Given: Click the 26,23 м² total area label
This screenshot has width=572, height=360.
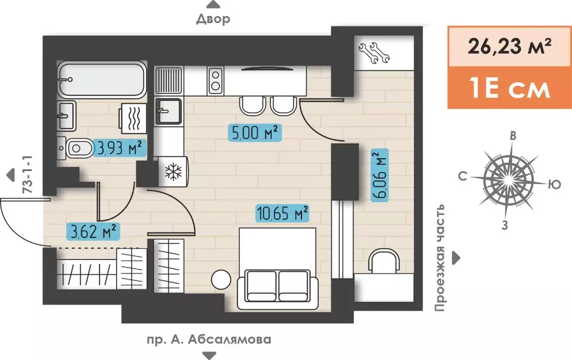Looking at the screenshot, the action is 509,46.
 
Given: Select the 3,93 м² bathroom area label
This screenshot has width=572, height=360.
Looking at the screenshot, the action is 120,148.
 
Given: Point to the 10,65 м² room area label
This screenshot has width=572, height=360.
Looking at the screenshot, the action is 283,213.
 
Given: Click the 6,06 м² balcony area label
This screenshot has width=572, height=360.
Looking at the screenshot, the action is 380,175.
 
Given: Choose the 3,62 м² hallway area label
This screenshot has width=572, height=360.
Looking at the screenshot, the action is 93,231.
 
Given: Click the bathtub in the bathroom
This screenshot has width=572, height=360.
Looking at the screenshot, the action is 102,80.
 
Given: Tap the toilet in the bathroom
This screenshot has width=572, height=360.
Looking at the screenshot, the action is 75,148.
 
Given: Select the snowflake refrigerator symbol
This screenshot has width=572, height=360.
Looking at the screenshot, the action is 173,172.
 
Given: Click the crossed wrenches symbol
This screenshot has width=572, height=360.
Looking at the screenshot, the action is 374,53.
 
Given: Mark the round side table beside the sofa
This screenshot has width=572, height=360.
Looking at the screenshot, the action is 221,280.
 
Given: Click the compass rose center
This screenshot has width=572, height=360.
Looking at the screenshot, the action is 508,179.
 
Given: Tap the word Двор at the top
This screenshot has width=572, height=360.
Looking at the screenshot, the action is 214,19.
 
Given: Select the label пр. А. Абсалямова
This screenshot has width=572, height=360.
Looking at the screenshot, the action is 209,339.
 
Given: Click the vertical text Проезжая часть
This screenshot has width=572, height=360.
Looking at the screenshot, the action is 441,258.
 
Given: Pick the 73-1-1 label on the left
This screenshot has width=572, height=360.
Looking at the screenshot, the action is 27,174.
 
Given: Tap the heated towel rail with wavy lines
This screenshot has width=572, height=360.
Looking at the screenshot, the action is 133,118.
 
